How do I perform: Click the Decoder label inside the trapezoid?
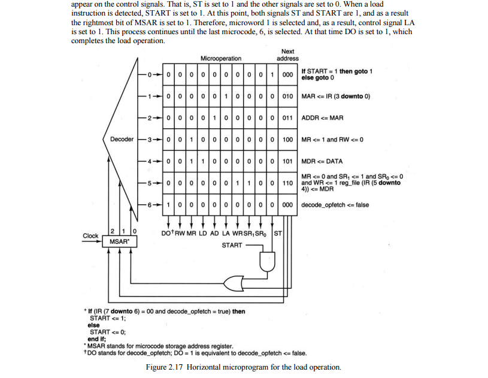pyautogui.click(x=122, y=140)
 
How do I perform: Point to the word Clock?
pyautogui.click(x=90, y=236)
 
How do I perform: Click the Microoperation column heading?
pyautogui.click(x=221, y=59)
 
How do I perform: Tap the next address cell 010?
pyautogui.click(x=287, y=96)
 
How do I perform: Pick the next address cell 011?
pyautogui.click(x=287, y=117)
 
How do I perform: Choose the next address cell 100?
pyautogui.click(x=287, y=139)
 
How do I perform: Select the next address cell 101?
pyautogui.click(x=287, y=161)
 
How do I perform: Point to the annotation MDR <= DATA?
pyautogui.click(x=323, y=161)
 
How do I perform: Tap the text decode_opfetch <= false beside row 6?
pyautogui.click(x=335, y=205)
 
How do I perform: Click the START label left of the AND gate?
pyautogui.click(x=232, y=246)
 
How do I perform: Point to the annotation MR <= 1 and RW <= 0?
pyautogui.click(x=332, y=140)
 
